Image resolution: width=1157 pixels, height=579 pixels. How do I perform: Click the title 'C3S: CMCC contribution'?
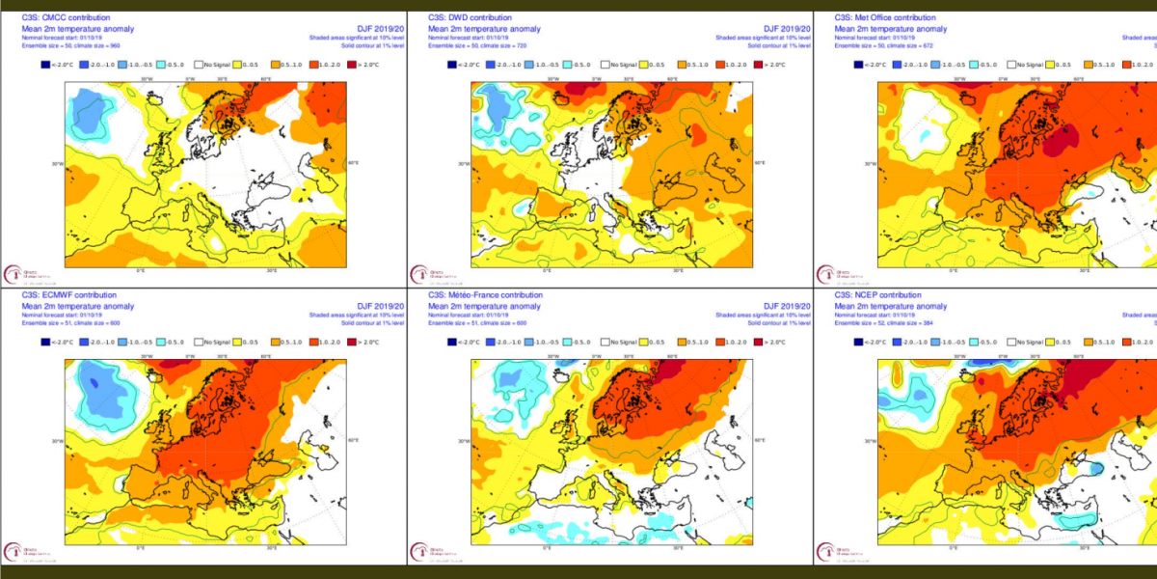click(x=65, y=18)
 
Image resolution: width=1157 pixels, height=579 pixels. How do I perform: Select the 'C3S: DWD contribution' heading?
click(x=470, y=18)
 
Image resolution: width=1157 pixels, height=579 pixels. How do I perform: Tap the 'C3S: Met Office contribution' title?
click(x=885, y=18)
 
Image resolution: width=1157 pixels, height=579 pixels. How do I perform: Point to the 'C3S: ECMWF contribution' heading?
click(x=68, y=295)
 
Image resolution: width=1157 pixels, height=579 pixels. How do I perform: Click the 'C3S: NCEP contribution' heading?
click(x=877, y=295)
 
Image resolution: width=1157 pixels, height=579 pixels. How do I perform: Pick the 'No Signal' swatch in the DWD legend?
click(x=606, y=65)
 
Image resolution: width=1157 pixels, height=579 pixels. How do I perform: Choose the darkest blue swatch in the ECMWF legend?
click(x=43, y=342)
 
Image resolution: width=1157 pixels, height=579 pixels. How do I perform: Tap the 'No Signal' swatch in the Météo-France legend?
click(x=606, y=342)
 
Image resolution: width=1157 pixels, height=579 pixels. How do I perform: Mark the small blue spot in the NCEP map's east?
click(x=1096, y=467)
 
